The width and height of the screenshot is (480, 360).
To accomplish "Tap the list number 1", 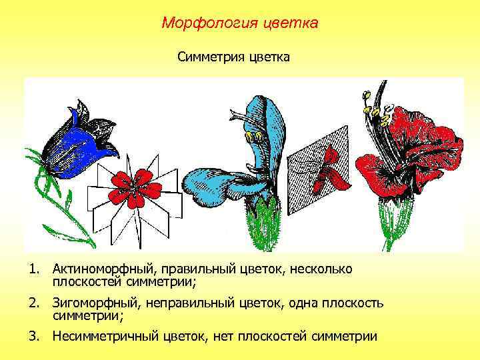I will point(32,269).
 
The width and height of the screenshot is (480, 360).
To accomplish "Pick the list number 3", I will point(32,337).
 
